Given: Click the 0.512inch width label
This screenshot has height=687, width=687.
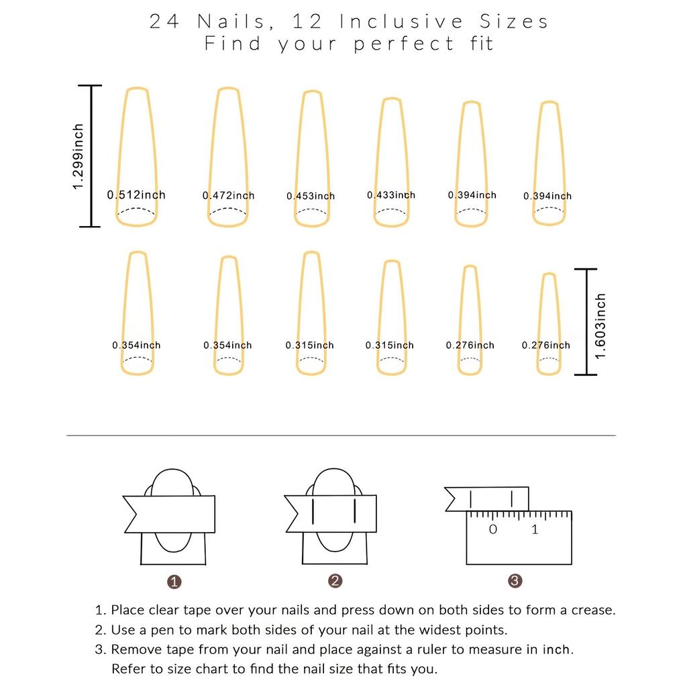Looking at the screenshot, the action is point(136,195).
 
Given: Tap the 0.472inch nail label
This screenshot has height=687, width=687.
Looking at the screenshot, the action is point(228,195).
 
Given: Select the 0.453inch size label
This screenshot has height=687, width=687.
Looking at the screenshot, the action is point(311,196).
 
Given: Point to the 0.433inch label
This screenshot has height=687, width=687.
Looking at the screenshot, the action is point(391,195).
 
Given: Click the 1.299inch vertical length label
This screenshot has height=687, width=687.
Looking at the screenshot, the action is point(78,156).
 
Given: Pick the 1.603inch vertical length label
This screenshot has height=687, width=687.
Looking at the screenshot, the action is point(600,326).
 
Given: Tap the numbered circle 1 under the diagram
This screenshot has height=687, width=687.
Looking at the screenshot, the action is point(174,582).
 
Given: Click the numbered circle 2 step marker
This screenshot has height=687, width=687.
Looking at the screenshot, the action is point(335,581).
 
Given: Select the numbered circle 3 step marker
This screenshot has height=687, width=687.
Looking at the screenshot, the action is point(515,581).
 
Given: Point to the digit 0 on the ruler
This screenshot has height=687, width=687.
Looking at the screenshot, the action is point(493,529).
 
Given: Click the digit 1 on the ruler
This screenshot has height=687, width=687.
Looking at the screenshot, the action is point(535,529).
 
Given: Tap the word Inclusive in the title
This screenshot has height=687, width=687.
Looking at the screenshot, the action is point(401,21).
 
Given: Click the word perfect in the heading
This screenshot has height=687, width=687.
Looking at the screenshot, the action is point(403,44).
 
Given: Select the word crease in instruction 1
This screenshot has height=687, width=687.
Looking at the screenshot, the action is point(593,610).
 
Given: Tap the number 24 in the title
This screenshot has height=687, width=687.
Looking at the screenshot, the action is point(164,21).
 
